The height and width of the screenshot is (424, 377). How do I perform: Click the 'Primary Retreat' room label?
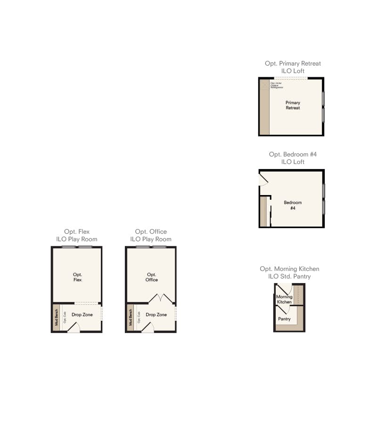pos(293,105)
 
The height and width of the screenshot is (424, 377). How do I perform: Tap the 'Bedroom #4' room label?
pos(293,205)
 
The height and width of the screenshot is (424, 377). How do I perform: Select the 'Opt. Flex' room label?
pos(78,277)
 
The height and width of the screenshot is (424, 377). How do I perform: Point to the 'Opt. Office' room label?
pos(152,277)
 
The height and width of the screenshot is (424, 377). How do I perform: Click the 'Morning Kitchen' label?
pos(284,299)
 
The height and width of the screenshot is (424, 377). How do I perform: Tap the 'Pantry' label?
pos(284,319)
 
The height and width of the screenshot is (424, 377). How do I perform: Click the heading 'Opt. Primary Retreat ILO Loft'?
pos(293,67)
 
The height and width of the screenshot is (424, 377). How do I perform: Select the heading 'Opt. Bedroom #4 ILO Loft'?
pos(293,158)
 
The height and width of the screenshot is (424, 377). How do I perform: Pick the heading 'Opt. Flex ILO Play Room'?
pos(77,235)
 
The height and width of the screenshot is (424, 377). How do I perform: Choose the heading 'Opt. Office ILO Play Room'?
pos(151,235)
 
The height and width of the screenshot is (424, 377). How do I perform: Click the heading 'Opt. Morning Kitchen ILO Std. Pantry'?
pos(289,272)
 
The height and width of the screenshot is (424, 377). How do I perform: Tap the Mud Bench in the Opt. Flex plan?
pos(57,318)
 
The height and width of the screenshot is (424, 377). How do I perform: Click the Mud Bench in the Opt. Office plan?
pos(131,318)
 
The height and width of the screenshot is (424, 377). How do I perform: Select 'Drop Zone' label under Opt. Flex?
pos(82,314)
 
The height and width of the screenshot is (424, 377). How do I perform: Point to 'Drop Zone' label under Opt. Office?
pos(156,314)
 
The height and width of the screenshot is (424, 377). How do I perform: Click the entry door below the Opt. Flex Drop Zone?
pos(74,328)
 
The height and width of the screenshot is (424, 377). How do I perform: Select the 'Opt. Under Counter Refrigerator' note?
pos(277,85)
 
